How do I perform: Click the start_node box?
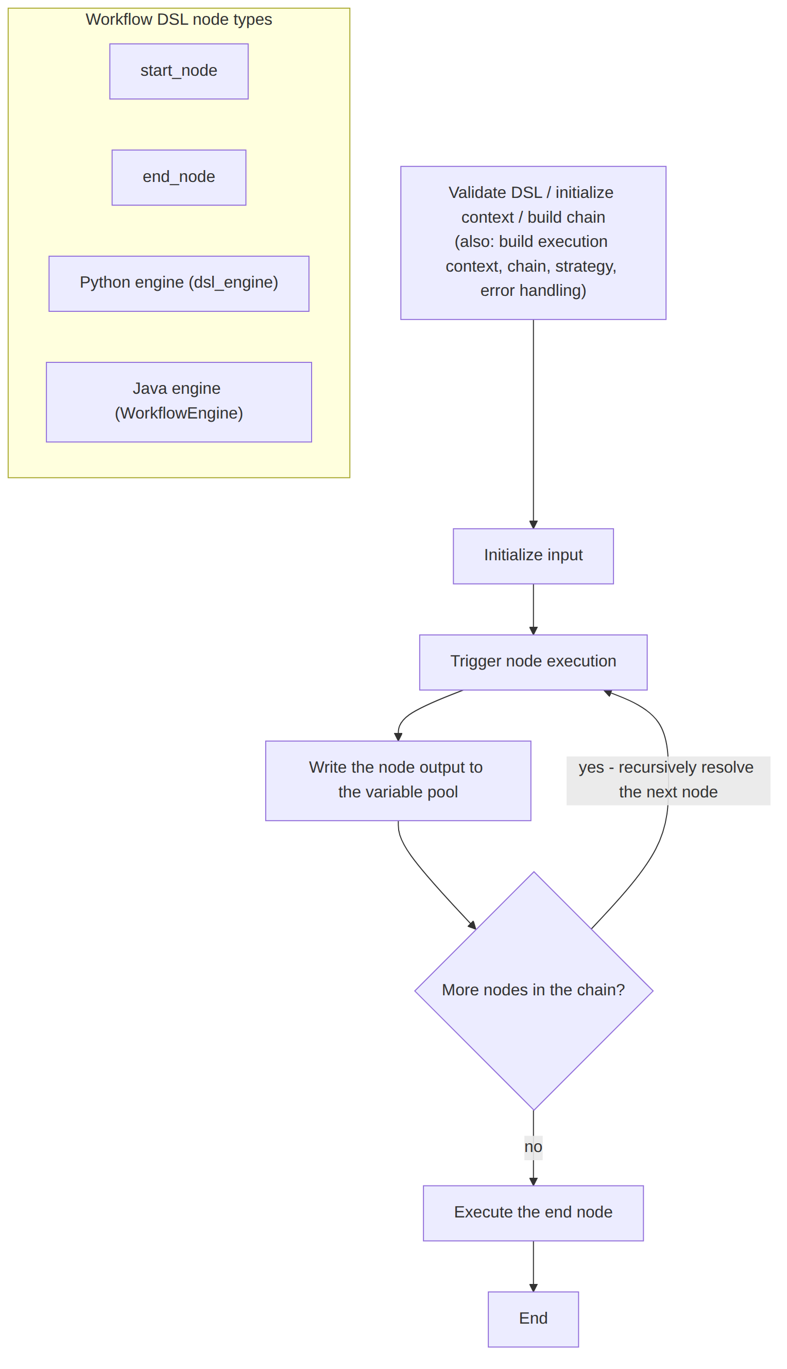click(x=179, y=72)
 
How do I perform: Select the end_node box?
click(x=179, y=177)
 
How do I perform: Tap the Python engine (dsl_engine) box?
click(x=179, y=283)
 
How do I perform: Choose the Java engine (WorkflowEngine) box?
click(x=179, y=402)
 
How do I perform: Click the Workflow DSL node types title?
click(x=179, y=20)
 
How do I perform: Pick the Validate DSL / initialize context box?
click(x=533, y=243)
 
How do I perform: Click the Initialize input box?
click(x=533, y=556)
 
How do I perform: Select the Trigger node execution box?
click(x=533, y=662)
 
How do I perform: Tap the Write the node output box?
click(x=398, y=780)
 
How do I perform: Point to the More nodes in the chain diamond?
click(x=534, y=991)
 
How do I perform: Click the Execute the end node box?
click(x=533, y=1213)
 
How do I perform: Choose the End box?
click(x=533, y=1319)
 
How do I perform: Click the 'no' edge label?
click(x=533, y=1147)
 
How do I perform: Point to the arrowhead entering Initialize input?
click(x=533, y=525)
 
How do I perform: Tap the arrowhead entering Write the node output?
click(x=398, y=737)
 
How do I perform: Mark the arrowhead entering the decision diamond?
click(x=472, y=926)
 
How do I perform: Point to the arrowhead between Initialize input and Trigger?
click(x=533, y=631)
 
